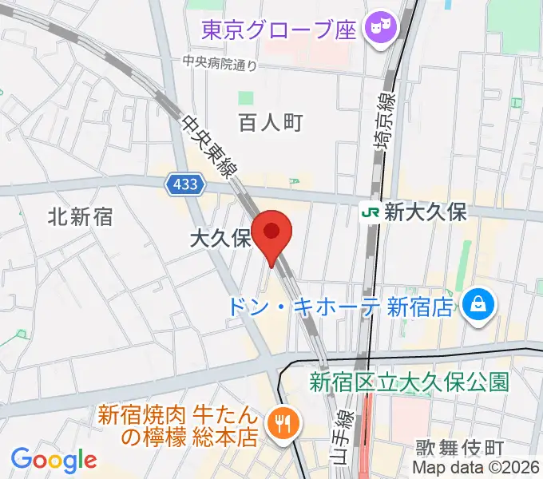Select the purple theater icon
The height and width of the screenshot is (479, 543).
coord(376,30)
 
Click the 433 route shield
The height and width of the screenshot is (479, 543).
coord(187,184)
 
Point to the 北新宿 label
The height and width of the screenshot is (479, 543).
coord(80,216)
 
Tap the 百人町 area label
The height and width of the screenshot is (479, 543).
coord(271,122)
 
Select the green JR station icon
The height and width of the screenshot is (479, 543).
coord(370,212)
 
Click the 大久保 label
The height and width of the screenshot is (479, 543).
coord(220,238)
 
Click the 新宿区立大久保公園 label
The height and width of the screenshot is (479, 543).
coord(409,382)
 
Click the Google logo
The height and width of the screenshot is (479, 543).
coord(54,460)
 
